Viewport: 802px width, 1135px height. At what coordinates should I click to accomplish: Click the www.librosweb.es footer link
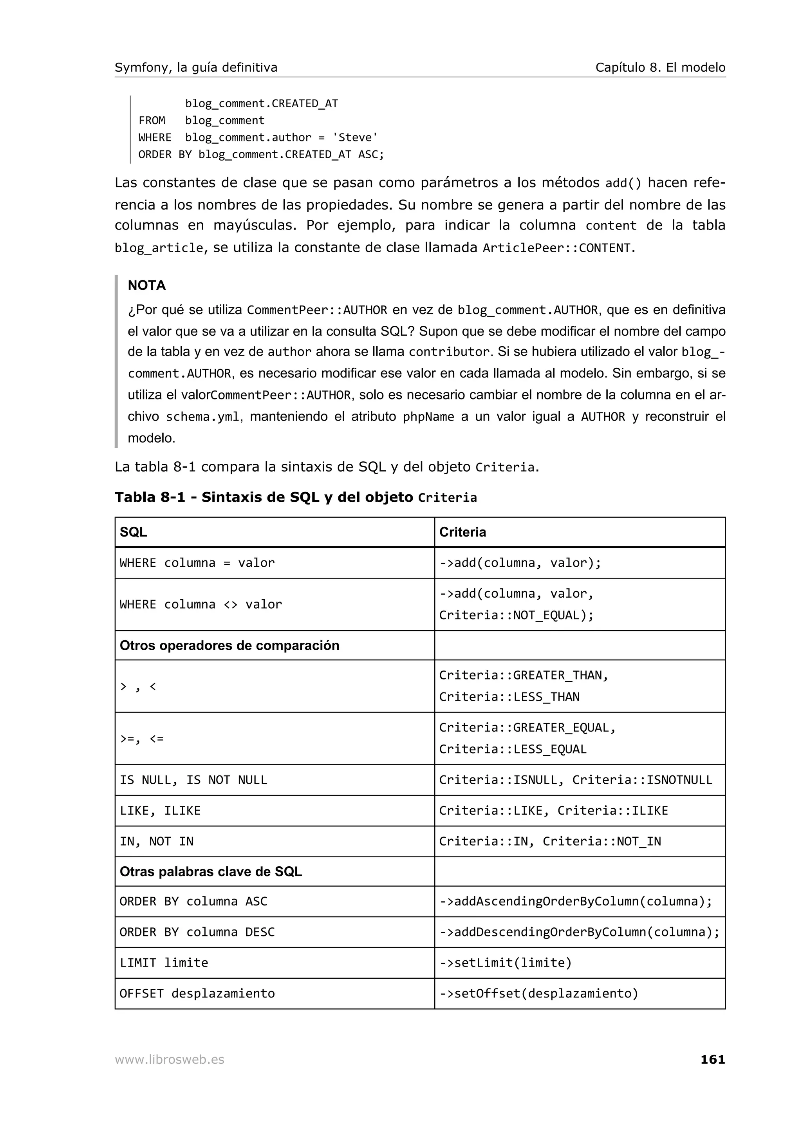click(x=170, y=1060)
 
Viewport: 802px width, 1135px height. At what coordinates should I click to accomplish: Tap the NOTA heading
click(x=147, y=285)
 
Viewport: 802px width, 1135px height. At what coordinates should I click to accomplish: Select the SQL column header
click(x=134, y=532)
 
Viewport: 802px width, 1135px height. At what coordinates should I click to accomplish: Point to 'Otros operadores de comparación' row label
click(x=229, y=645)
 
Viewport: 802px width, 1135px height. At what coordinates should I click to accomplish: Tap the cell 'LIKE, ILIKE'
click(x=160, y=811)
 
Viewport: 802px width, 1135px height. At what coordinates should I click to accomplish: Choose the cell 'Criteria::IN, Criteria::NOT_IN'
click(x=550, y=841)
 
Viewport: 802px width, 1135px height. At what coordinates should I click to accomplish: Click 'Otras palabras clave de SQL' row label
click(x=211, y=871)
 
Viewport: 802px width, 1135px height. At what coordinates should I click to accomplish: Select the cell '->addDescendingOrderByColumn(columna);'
click(x=579, y=932)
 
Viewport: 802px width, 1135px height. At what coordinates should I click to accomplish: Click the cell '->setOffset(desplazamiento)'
click(x=538, y=994)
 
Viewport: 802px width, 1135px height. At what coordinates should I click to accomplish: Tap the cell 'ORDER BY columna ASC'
click(x=193, y=902)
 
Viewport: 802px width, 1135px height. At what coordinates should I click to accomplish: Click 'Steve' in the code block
click(x=355, y=137)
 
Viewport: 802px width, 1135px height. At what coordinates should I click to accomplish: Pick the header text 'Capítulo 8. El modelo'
click(x=660, y=67)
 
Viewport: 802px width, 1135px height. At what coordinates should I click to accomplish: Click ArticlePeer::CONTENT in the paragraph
click(x=556, y=248)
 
